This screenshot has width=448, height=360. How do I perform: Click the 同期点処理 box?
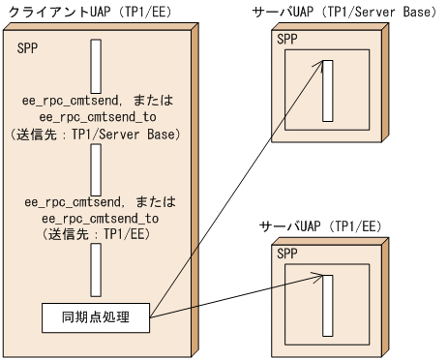[x=97, y=316]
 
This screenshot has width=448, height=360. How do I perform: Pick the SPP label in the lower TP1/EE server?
[x=288, y=254]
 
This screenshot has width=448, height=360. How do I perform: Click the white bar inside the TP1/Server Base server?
[x=328, y=90]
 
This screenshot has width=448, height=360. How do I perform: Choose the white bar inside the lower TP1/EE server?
[x=328, y=304]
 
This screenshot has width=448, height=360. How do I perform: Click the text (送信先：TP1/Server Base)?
[x=97, y=133]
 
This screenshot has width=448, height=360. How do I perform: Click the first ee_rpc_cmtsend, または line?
[x=97, y=100]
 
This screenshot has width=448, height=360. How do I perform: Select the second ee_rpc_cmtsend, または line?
[x=97, y=202]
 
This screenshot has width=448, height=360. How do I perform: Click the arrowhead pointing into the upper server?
[x=319, y=65]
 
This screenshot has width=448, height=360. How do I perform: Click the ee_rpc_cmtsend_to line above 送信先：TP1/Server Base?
[x=97, y=116]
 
